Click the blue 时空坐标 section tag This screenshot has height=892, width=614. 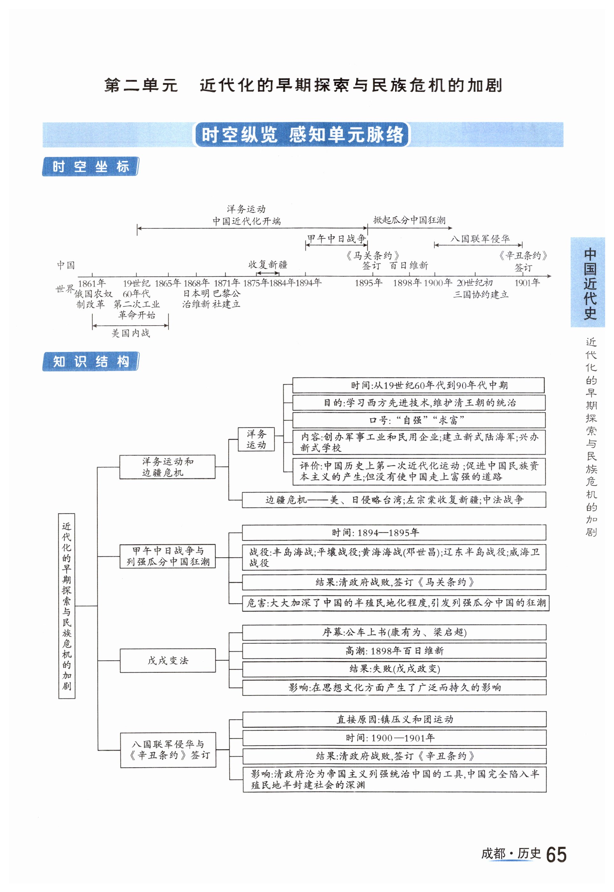[90, 167]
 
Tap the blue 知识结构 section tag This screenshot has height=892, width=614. [90, 362]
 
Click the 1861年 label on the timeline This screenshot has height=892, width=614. [92, 283]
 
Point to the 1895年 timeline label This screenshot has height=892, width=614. [368, 283]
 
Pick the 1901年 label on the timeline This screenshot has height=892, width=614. [527, 283]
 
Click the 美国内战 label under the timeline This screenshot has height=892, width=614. [131, 333]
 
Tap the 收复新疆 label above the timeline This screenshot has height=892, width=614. [268, 264]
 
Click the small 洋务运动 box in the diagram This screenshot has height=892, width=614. [256, 439]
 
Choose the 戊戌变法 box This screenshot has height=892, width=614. [168, 661]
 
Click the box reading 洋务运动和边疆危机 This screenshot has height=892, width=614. [167, 467]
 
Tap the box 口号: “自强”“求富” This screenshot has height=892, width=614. [418, 420]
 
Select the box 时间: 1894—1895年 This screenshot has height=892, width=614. [394, 533]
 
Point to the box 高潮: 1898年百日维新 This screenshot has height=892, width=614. [394, 651]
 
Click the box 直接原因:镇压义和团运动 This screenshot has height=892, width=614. [394, 720]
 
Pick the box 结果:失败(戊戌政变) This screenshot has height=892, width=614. [394, 669]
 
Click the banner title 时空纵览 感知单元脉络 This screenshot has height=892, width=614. [303, 135]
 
